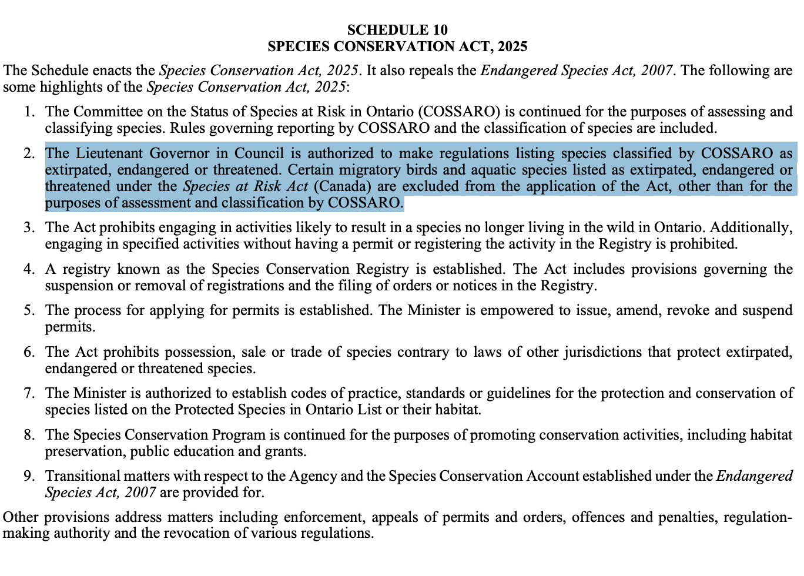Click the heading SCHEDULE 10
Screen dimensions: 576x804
[x=397, y=30]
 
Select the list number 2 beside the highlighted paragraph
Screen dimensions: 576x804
[x=29, y=154]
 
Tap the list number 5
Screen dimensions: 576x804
[x=29, y=310]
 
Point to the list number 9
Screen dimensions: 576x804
[x=29, y=476]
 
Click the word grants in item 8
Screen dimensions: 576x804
[x=289, y=452]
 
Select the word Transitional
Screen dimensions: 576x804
[x=85, y=476]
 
